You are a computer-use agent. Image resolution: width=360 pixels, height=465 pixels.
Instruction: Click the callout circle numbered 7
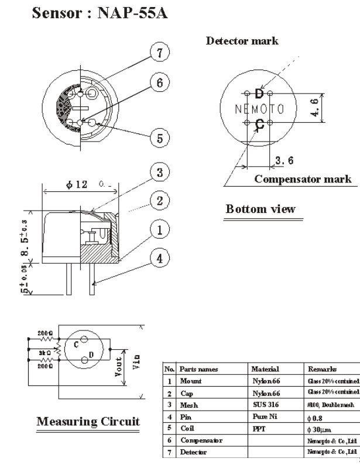(x=155, y=54)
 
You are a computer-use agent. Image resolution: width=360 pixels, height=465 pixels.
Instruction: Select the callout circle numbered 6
(x=155, y=84)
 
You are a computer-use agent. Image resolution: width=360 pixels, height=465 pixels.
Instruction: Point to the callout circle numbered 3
(x=155, y=171)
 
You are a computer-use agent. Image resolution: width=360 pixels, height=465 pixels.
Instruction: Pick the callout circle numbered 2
(x=155, y=201)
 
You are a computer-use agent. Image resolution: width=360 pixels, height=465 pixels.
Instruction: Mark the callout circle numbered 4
(x=155, y=255)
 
